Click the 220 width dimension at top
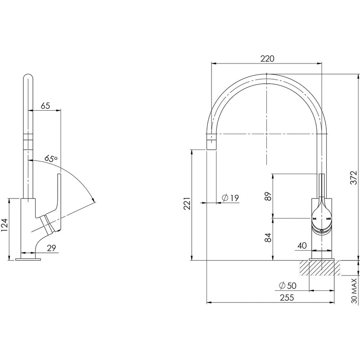tap(267, 58)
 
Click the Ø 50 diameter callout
tap(287, 285)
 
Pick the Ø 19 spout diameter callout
tap(230, 198)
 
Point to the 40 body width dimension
tap(301, 245)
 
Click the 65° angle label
tap(51, 158)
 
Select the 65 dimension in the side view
tap(45, 106)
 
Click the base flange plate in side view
tap(28, 259)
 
